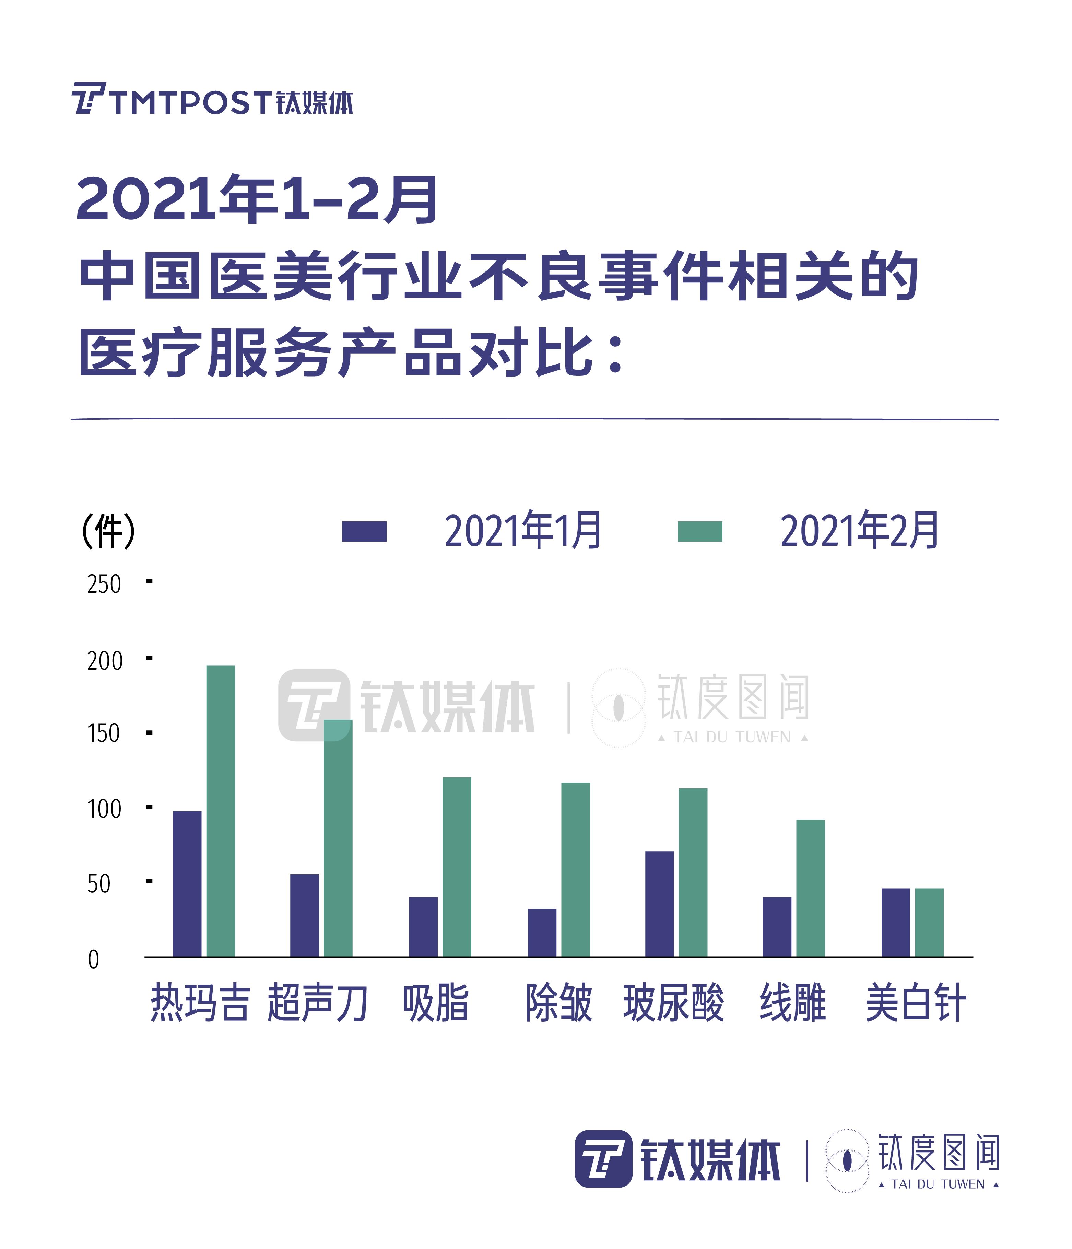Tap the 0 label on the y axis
pos(93,960)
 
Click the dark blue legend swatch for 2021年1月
pos(364,531)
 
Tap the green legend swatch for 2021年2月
pos(699,531)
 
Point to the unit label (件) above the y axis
pos(108,531)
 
